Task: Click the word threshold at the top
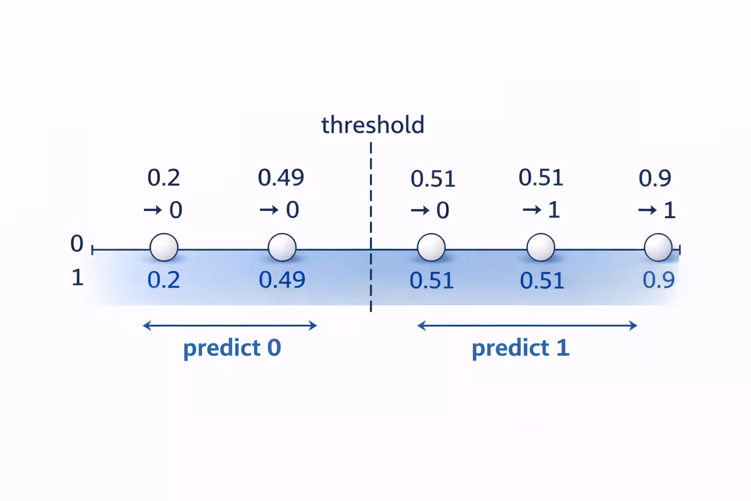coord(373,125)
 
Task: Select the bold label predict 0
coord(232,348)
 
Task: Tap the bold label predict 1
coord(521,348)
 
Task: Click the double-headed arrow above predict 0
coord(230,325)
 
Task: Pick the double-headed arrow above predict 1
coord(527,325)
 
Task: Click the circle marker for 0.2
coord(164,248)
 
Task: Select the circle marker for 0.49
coord(282,248)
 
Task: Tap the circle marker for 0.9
coord(658,248)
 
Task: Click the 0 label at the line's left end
coord(77,244)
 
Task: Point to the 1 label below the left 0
coord(77,278)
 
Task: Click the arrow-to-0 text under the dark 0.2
coord(163,210)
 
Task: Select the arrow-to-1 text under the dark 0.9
coord(657,210)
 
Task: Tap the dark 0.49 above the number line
coord(281,177)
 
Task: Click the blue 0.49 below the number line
coord(282,280)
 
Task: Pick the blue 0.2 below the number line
coord(164,280)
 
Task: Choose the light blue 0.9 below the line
coord(659,280)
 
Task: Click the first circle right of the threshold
coord(431,248)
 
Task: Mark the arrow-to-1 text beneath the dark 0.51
coord(541,210)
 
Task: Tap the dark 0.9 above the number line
coord(655,178)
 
